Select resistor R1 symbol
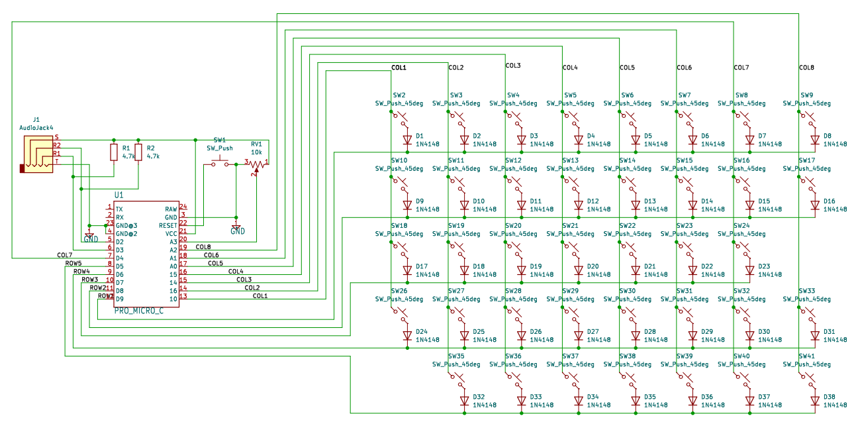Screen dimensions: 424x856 (x=114, y=152)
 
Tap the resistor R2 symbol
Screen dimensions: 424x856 (x=138, y=152)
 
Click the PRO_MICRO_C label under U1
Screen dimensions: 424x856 (x=138, y=310)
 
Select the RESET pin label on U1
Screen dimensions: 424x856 (x=167, y=225)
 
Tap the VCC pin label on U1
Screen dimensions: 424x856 (x=170, y=233)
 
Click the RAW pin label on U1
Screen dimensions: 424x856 (x=171, y=209)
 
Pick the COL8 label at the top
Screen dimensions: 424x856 (x=806, y=68)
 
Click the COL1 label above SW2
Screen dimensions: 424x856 (x=399, y=68)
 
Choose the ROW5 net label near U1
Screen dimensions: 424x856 (x=73, y=263)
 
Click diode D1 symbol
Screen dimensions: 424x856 (x=408, y=140)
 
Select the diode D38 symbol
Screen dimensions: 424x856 (x=816, y=401)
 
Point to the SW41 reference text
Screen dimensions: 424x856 (x=807, y=356)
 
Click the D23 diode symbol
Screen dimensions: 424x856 (x=750, y=270)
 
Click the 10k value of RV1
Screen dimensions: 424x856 (x=256, y=152)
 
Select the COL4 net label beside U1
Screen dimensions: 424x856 (x=236, y=271)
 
